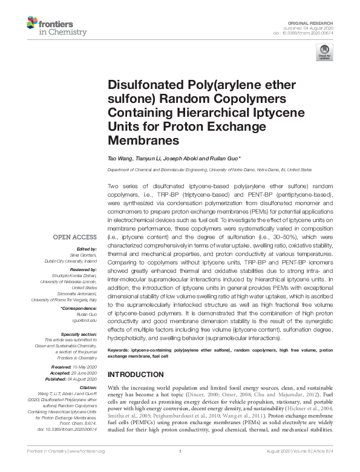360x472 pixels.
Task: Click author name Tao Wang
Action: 119,159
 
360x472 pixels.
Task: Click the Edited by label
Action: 86,249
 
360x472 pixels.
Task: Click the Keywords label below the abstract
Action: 118,367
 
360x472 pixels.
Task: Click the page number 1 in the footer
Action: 180,451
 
